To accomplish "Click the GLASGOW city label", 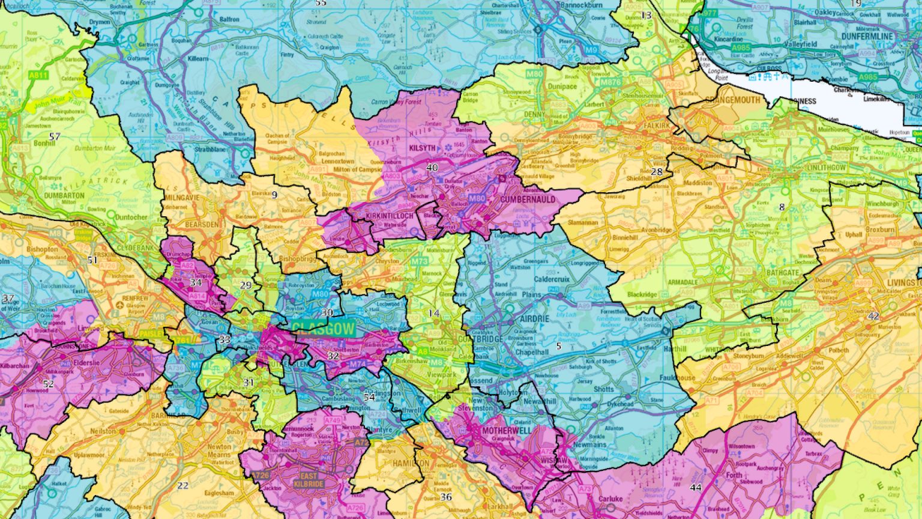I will pyautogui.click(x=324, y=328).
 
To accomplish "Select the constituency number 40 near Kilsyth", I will pyautogui.click(x=432, y=168).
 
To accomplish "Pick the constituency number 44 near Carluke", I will pyautogui.click(x=696, y=487).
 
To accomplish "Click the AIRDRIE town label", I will pyautogui.click(x=534, y=318).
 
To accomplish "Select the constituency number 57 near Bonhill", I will pyautogui.click(x=55, y=137).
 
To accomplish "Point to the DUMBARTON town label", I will pyautogui.click(x=64, y=196).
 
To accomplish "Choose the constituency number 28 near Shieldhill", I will pyautogui.click(x=657, y=172).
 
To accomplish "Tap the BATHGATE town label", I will pyautogui.click(x=783, y=273).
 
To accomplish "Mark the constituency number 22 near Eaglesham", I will pyautogui.click(x=182, y=485).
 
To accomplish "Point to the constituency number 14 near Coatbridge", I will pyautogui.click(x=434, y=313).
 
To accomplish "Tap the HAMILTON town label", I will pyautogui.click(x=411, y=463).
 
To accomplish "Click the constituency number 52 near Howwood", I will pyautogui.click(x=48, y=384).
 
